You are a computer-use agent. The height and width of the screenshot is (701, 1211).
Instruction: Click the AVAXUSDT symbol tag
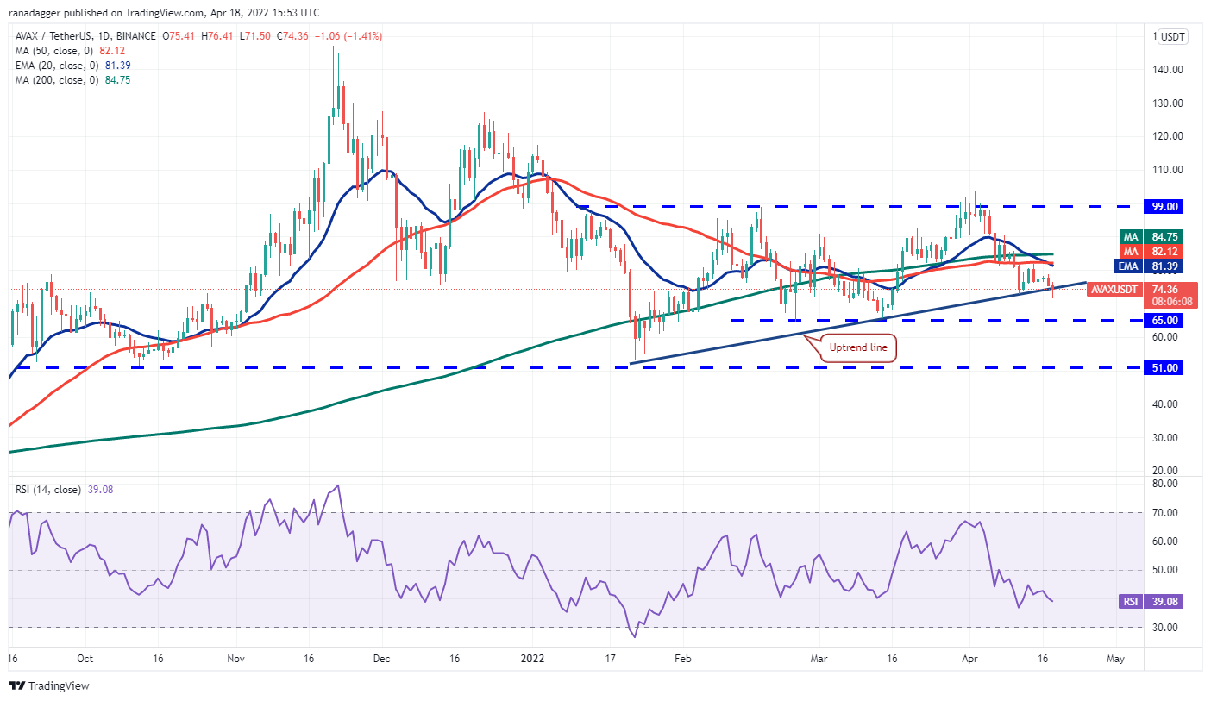click(x=1114, y=290)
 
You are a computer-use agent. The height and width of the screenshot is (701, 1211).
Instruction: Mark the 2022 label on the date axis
click(x=531, y=659)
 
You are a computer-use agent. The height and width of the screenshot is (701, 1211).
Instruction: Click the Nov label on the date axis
click(x=236, y=659)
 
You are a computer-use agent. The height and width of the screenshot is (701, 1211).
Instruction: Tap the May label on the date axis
click(x=1115, y=659)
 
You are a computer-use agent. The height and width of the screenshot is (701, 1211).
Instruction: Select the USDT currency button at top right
click(x=1172, y=36)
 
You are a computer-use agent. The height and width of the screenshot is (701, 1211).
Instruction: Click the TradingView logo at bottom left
click(x=49, y=686)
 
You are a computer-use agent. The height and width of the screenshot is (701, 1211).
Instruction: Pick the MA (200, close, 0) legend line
click(x=72, y=79)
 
